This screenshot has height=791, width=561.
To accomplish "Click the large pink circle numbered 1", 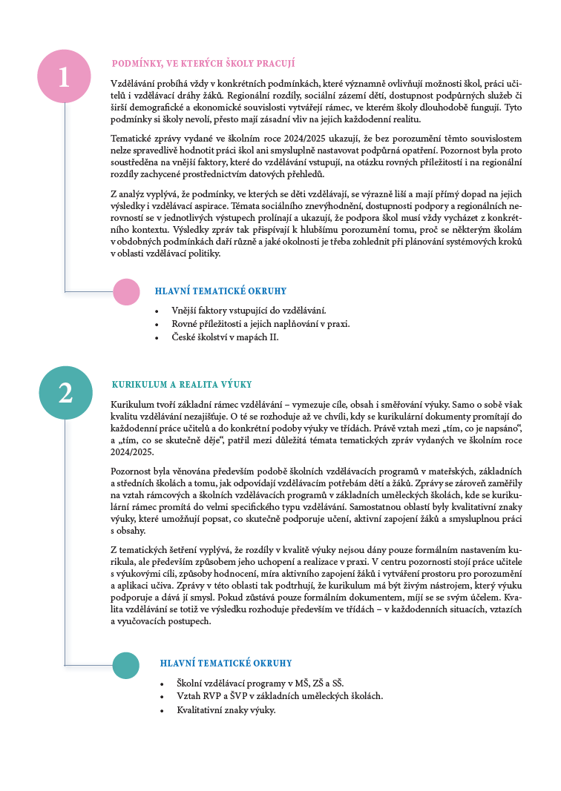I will pyautogui.click(x=65, y=76).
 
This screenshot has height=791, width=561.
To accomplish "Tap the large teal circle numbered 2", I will pyautogui.click(x=65, y=392).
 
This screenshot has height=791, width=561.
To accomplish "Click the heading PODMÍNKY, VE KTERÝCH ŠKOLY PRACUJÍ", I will pyautogui.click(x=203, y=64).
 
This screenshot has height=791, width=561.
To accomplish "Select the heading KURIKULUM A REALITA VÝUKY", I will pyautogui.click(x=182, y=385).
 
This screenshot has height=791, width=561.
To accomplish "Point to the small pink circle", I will pyautogui.click(x=127, y=292).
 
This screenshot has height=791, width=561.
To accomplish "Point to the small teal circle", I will pyautogui.click(x=125, y=665).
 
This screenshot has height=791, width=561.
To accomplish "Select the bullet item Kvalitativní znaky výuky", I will pyautogui.click(x=226, y=710).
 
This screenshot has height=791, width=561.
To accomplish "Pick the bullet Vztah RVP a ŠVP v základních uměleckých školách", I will pyautogui.click(x=280, y=696).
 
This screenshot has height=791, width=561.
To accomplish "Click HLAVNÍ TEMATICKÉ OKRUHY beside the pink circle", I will pyautogui.click(x=220, y=292).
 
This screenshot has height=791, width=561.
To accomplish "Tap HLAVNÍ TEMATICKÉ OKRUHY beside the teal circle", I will pyautogui.click(x=226, y=663).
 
